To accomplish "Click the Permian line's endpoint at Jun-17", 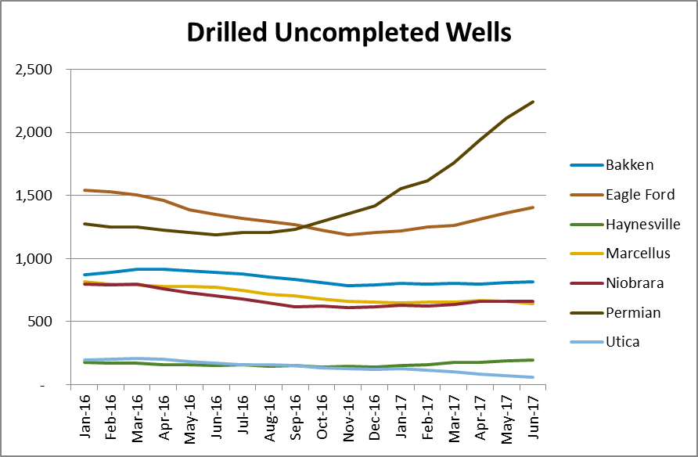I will tap(533, 102).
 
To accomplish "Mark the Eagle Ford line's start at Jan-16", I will tap(84, 190).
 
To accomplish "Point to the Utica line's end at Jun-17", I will tap(533, 377).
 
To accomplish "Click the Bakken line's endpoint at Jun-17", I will tap(533, 282).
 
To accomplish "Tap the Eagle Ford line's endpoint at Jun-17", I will tap(533, 207).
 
